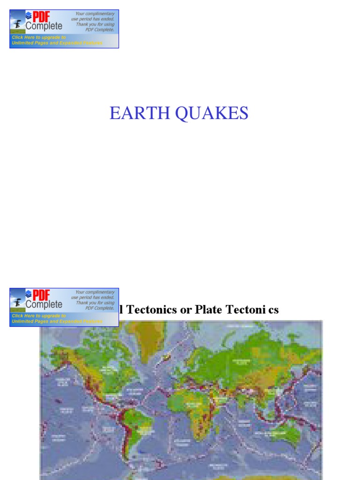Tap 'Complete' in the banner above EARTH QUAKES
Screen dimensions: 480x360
[x=44, y=27]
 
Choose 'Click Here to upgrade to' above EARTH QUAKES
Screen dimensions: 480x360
[x=39, y=37]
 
